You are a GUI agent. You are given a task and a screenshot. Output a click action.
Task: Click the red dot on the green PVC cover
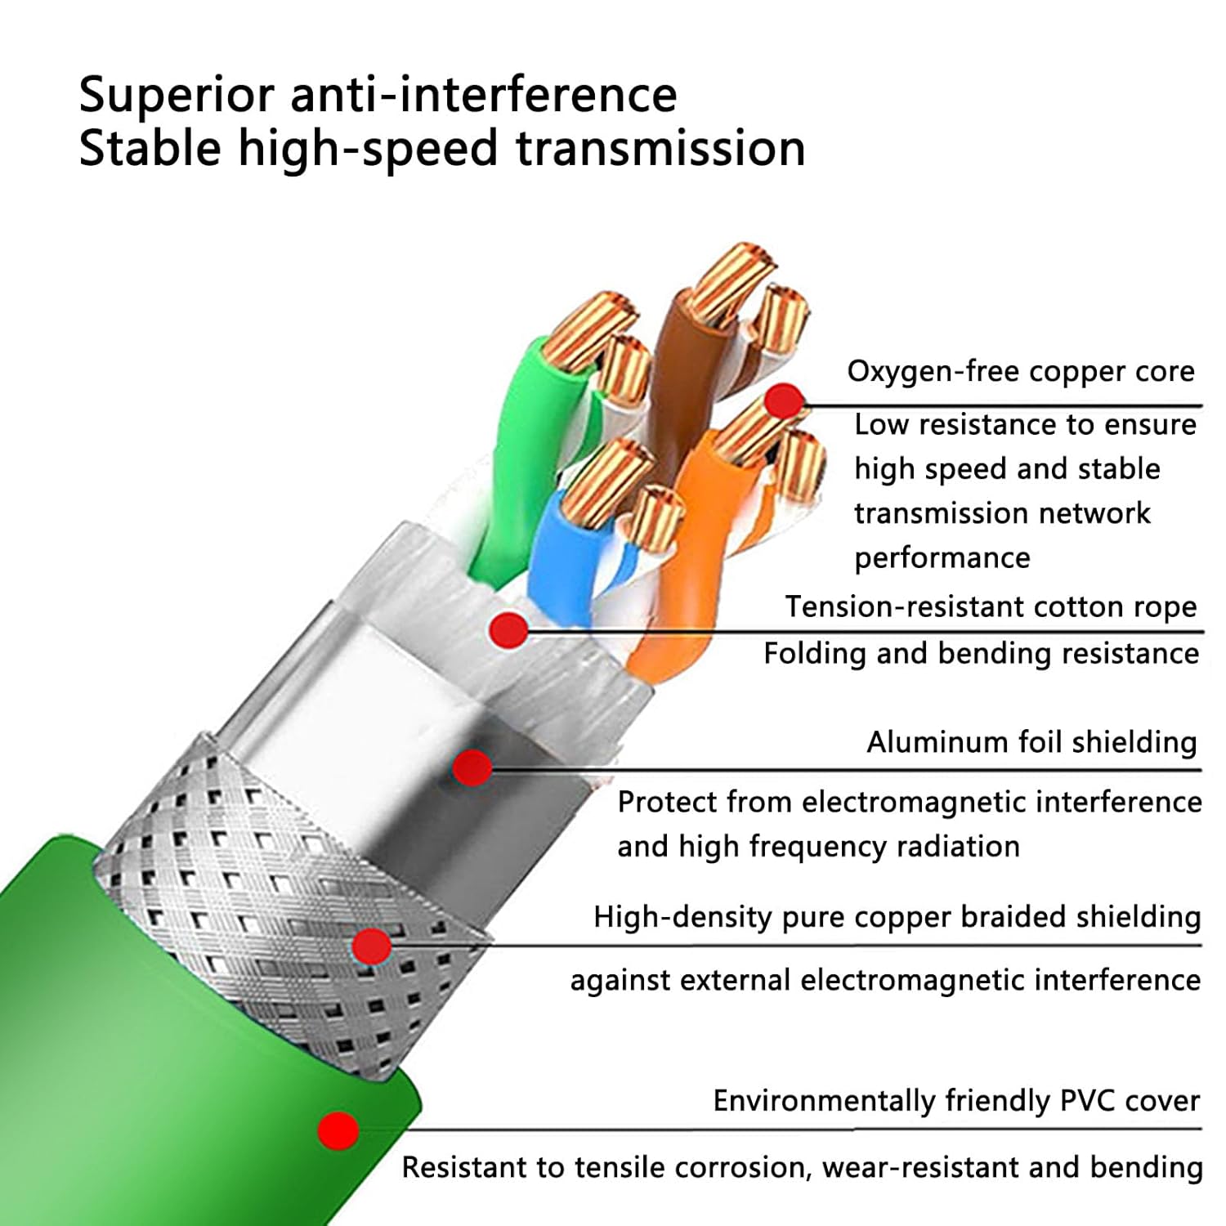pyautogui.click(x=338, y=1131)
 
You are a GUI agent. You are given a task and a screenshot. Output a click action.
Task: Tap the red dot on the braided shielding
pyautogui.click(x=372, y=946)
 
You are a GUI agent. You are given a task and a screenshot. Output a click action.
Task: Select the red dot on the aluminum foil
pyautogui.click(x=472, y=768)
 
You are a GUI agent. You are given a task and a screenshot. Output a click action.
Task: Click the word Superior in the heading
pyautogui.click(x=176, y=95)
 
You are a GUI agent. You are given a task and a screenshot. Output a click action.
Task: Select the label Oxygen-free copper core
pyautogui.click(x=1020, y=372)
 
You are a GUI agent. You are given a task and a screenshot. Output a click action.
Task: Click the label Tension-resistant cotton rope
pyautogui.click(x=991, y=607)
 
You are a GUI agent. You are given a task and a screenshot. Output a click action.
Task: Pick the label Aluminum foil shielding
pyautogui.click(x=1031, y=742)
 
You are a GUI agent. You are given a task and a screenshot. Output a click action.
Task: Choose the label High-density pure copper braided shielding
pyautogui.click(x=897, y=917)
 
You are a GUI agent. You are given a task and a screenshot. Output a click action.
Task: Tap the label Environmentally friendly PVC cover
pyautogui.click(x=956, y=1101)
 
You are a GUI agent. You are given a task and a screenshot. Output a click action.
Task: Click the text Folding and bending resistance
pyautogui.click(x=981, y=654)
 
